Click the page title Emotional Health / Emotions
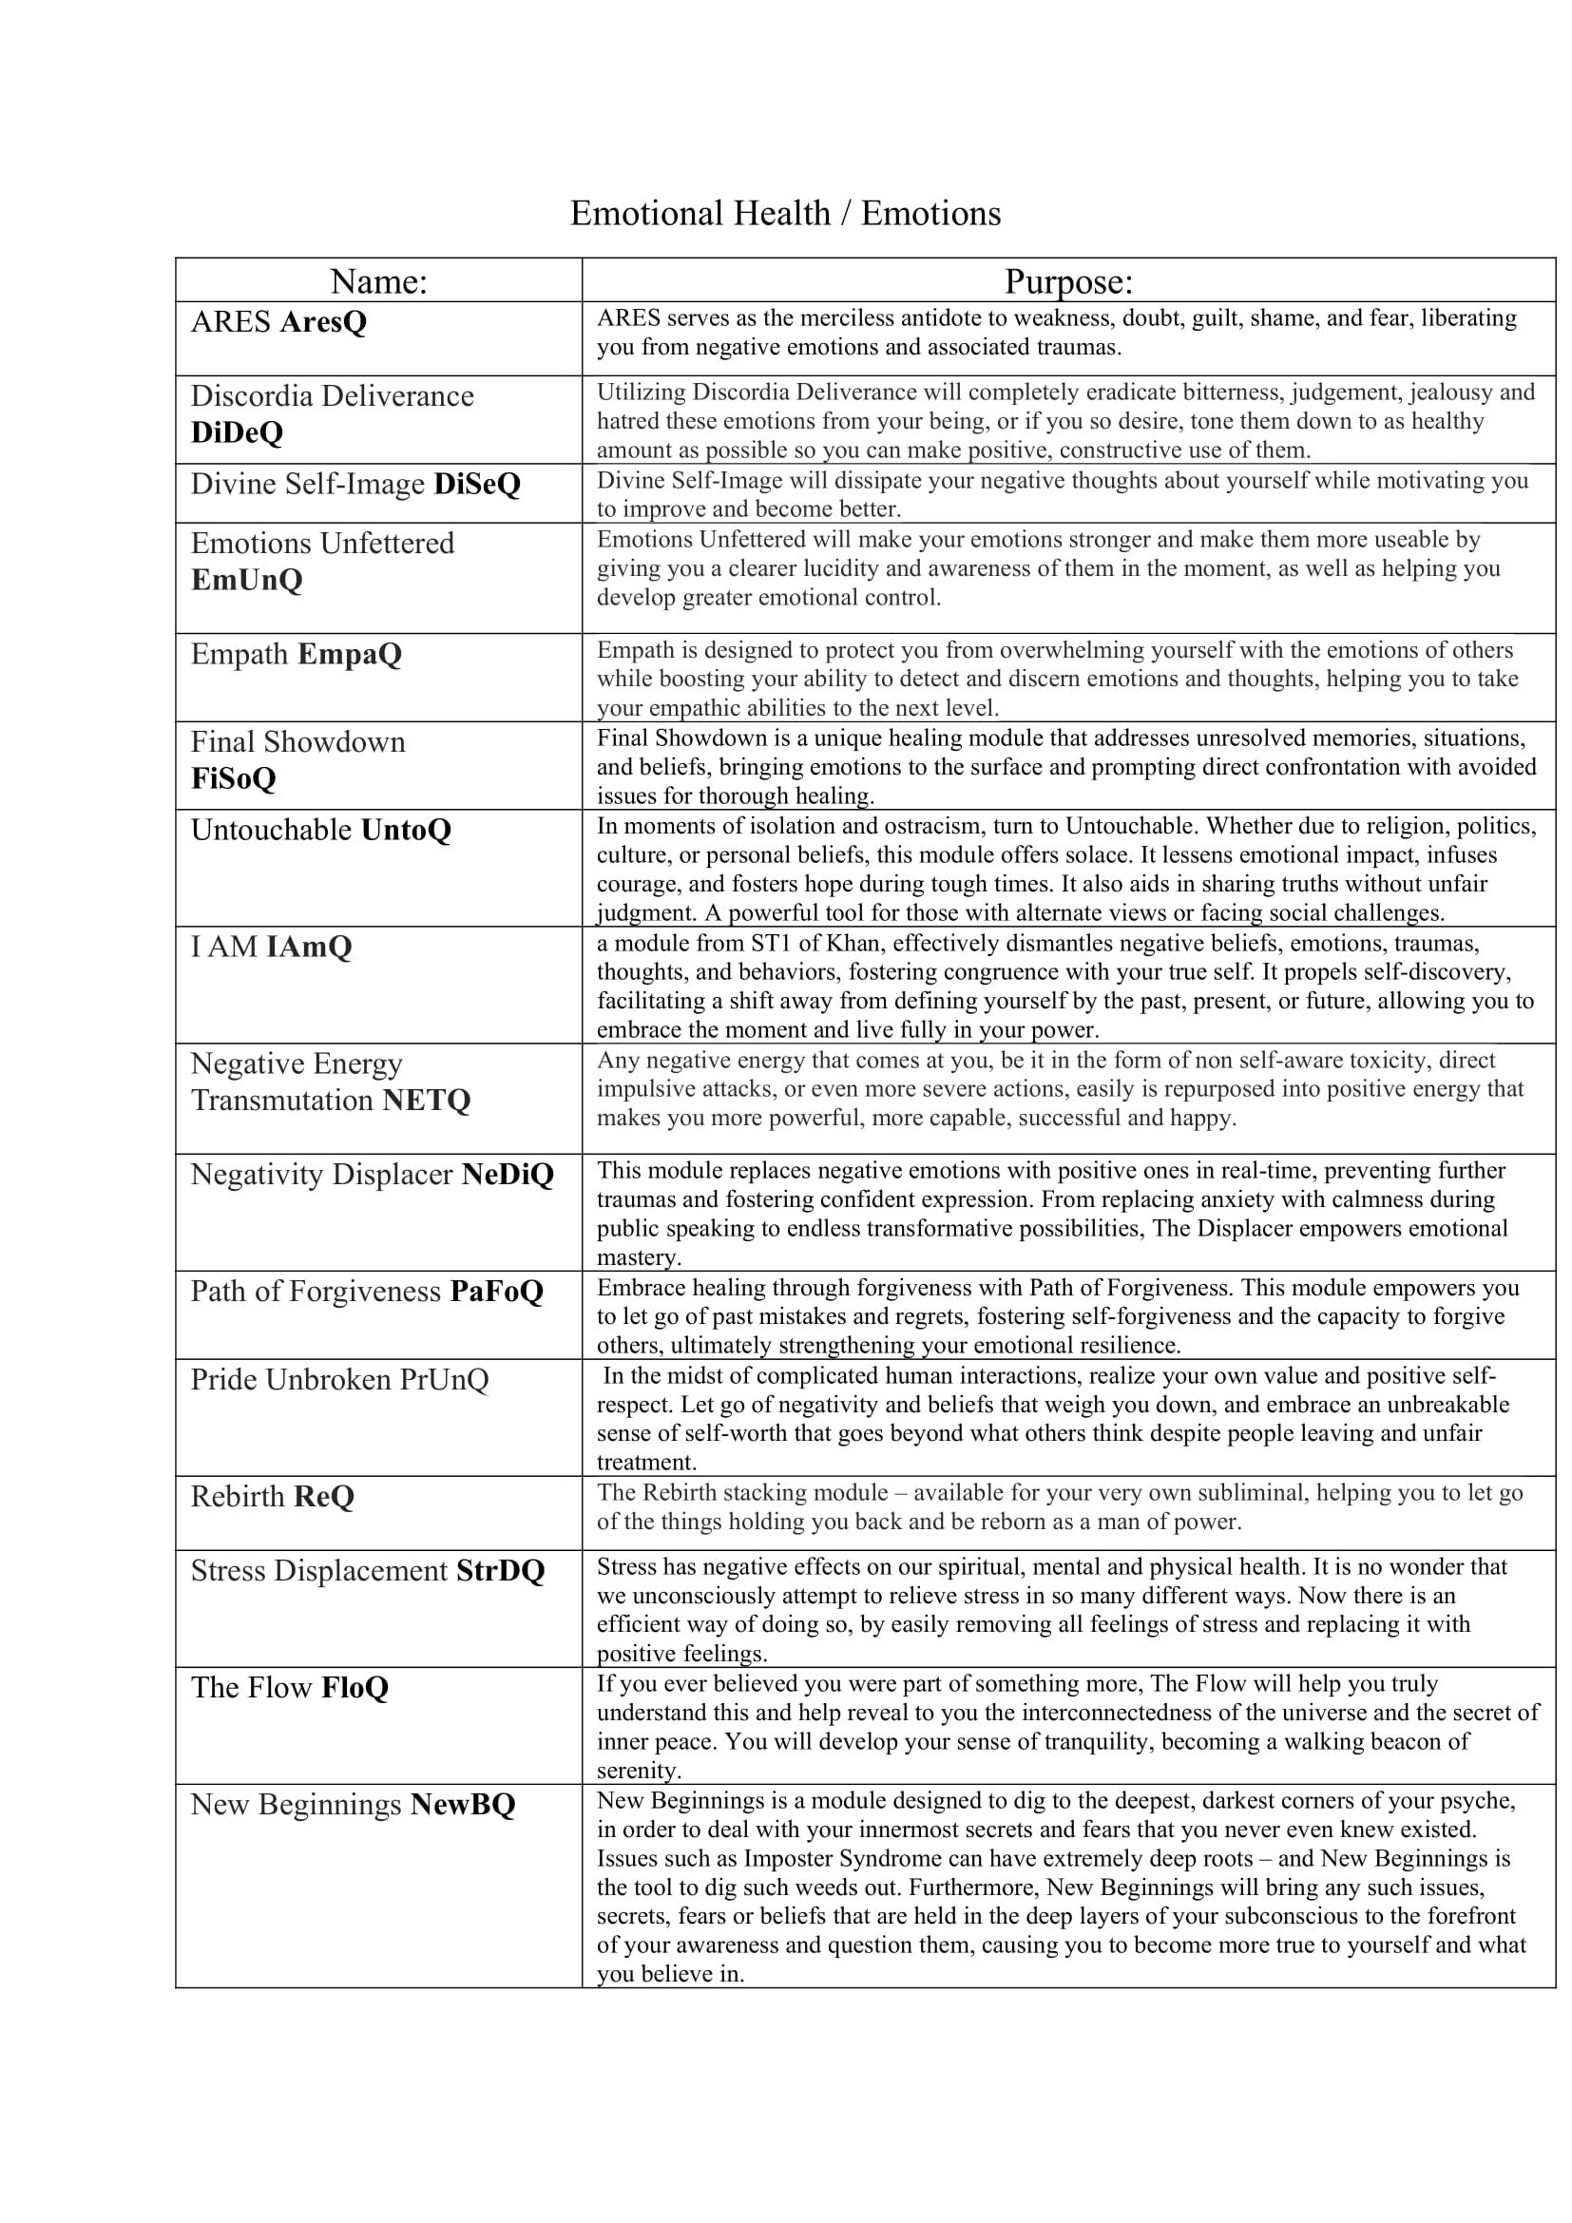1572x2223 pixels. [785, 214]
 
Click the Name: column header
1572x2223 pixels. [378, 280]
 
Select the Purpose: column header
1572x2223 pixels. [1067, 280]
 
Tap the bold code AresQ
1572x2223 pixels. [323, 321]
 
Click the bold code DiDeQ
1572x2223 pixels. [238, 431]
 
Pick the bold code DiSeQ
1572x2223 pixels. [477, 483]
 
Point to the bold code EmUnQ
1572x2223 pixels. [247, 579]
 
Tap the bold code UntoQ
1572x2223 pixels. [406, 830]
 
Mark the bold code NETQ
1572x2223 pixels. [426, 1100]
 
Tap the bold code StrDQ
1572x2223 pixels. [501, 1569]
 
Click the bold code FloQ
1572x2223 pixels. [355, 1687]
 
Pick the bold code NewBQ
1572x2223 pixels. [463, 1804]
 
